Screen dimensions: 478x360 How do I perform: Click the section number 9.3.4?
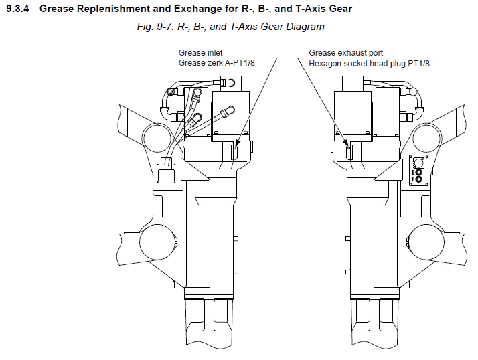(x=17, y=9)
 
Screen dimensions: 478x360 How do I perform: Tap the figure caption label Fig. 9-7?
(x=155, y=27)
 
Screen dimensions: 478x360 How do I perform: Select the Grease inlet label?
(x=200, y=53)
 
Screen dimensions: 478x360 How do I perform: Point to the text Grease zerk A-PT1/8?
(x=216, y=63)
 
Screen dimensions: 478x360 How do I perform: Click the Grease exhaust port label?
(x=345, y=53)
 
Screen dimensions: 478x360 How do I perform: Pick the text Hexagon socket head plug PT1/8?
(x=369, y=64)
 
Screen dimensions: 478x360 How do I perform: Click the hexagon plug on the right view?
(x=349, y=152)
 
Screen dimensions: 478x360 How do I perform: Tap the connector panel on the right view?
(x=418, y=170)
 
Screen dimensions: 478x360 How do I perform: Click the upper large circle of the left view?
(x=157, y=138)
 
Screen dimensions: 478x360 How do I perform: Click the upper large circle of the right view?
(x=427, y=138)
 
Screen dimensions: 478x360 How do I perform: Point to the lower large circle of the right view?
(x=426, y=242)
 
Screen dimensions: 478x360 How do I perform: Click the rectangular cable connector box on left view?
(x=166, y=175)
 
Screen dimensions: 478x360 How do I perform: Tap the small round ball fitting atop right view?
(x=413, y=91)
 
